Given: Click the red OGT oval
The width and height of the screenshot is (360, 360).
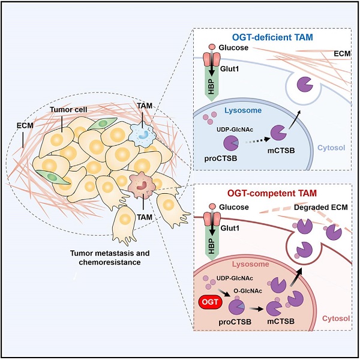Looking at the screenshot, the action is (210, 301).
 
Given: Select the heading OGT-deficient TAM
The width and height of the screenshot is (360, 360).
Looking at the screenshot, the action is (272, 37).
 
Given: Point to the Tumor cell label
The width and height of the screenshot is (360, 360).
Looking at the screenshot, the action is (68, 110).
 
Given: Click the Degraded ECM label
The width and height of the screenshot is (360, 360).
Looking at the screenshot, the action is (321, 208).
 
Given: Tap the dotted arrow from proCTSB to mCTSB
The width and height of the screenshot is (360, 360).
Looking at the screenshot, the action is (257, 140).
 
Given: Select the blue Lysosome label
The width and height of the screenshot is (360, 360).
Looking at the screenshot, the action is (243, 110).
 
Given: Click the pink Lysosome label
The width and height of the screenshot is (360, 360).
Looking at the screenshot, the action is (250, 264).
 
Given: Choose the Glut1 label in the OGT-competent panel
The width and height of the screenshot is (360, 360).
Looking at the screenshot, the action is (230, 228).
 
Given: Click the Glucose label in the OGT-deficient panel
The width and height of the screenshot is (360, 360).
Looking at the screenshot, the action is (233, 47).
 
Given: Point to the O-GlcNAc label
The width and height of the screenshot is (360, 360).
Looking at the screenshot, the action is (248, 290).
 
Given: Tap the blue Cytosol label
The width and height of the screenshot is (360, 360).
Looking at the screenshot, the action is (331, 148).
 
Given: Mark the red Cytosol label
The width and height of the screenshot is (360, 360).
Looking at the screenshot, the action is (336, 318).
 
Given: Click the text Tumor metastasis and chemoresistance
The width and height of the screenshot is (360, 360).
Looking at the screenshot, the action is (110, 257).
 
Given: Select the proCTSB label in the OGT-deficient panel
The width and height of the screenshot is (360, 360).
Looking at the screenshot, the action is (221, 158).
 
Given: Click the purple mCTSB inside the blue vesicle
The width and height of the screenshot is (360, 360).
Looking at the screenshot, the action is (305, 85).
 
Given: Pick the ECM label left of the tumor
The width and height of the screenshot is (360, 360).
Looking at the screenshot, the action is (25, 125).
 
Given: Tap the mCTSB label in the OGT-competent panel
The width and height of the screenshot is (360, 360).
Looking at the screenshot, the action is (281, 321).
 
